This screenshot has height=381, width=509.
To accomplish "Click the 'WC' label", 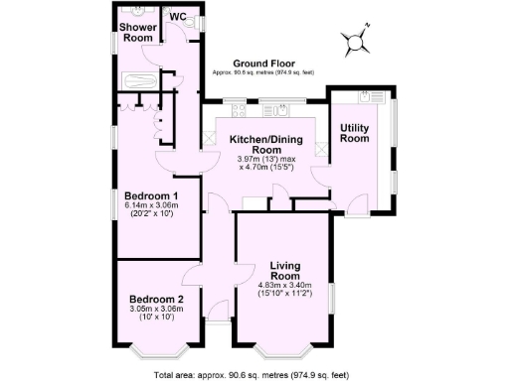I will pyautogui.click(x=178, y=16).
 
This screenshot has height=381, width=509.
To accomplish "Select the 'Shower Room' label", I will pyautogui.click(x=136, y=32).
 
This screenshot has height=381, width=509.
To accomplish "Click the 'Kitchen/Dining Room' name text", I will pyautogui.click(x=258, y=145).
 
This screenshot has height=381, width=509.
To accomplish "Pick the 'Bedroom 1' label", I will pyautogui.click(x=150, y=195).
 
